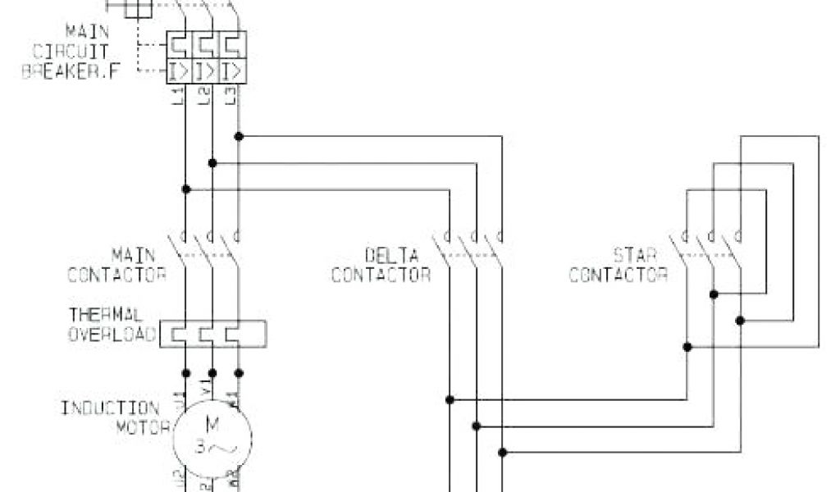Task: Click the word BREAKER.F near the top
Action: coord(71,71)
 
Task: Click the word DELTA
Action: coord(391,255)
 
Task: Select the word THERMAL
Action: coord(106,314)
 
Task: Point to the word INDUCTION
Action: coord(110,408)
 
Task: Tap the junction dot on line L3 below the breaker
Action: coord(239,136)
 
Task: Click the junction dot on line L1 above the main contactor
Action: coord(186,189)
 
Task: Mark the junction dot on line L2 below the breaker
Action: coord(212,163)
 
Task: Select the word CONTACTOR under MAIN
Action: coord(116,275)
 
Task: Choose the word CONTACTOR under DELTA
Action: coord(381,275)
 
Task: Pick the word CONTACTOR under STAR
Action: coord(618,275)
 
